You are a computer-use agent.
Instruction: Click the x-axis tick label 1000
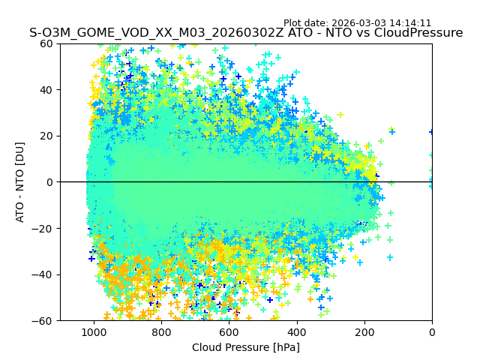(x=94, y=331)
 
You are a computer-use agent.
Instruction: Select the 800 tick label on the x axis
(x=161, y=331)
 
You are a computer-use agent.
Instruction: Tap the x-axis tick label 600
(x=229, y=331)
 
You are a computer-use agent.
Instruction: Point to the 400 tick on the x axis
(x=296, y=331)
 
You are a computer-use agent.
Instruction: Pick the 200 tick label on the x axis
(x=364, y=331)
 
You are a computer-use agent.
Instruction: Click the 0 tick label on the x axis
(x=432, y=331)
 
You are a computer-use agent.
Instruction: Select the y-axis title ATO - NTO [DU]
(x=20, y=182)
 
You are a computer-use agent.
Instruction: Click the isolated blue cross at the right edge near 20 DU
(x=432, y=132)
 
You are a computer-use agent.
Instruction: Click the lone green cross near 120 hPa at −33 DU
(x=390, y=257)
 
